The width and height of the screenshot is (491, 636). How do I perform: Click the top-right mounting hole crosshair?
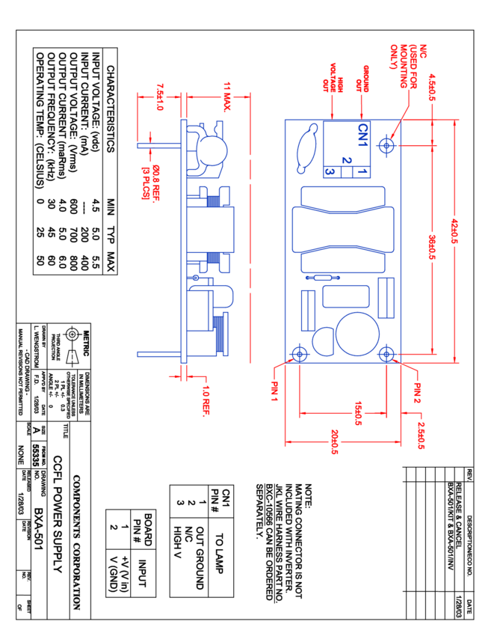pyautogui.click(x=386, y=145)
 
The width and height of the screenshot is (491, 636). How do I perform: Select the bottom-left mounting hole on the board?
pyautogui.click(x=299, y=353)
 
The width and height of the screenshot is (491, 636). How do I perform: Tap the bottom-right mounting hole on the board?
pyautogui.click(x=386, y=353)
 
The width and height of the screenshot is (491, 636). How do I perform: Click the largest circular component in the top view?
pyautogui.click(x=357, y=334)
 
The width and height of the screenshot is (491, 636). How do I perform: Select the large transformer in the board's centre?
pyautogui.click(x=343, y=229)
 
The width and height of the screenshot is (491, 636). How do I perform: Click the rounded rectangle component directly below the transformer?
pyautogui.click(x=345, y=296)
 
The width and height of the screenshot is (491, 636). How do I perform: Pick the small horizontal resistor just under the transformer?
pyautogui.click(x=322, y=278)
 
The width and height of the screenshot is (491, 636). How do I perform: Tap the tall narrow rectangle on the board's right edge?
pyautogui.click(x=386, y=298)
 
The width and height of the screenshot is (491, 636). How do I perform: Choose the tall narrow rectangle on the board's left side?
pyautogui.click(x=308, y=310)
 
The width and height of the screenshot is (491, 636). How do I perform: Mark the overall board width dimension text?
pyautogui.click(x=334, y=442)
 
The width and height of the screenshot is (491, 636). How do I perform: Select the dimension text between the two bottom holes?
pyautogui.click(x=359, y=413)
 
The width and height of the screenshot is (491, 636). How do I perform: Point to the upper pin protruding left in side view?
pyautogui.click(x=158, y=145)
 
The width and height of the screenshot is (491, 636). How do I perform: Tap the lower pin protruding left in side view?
pyautogui.click(x=158, y=354)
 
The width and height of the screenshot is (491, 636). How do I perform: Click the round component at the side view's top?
pyautogui.click(x=212, y=150)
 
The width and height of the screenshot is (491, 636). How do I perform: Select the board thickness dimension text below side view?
pyautogui.click(x=206, y=400)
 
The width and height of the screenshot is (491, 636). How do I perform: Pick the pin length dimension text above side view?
pyautogui.click(x=159, y=97)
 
